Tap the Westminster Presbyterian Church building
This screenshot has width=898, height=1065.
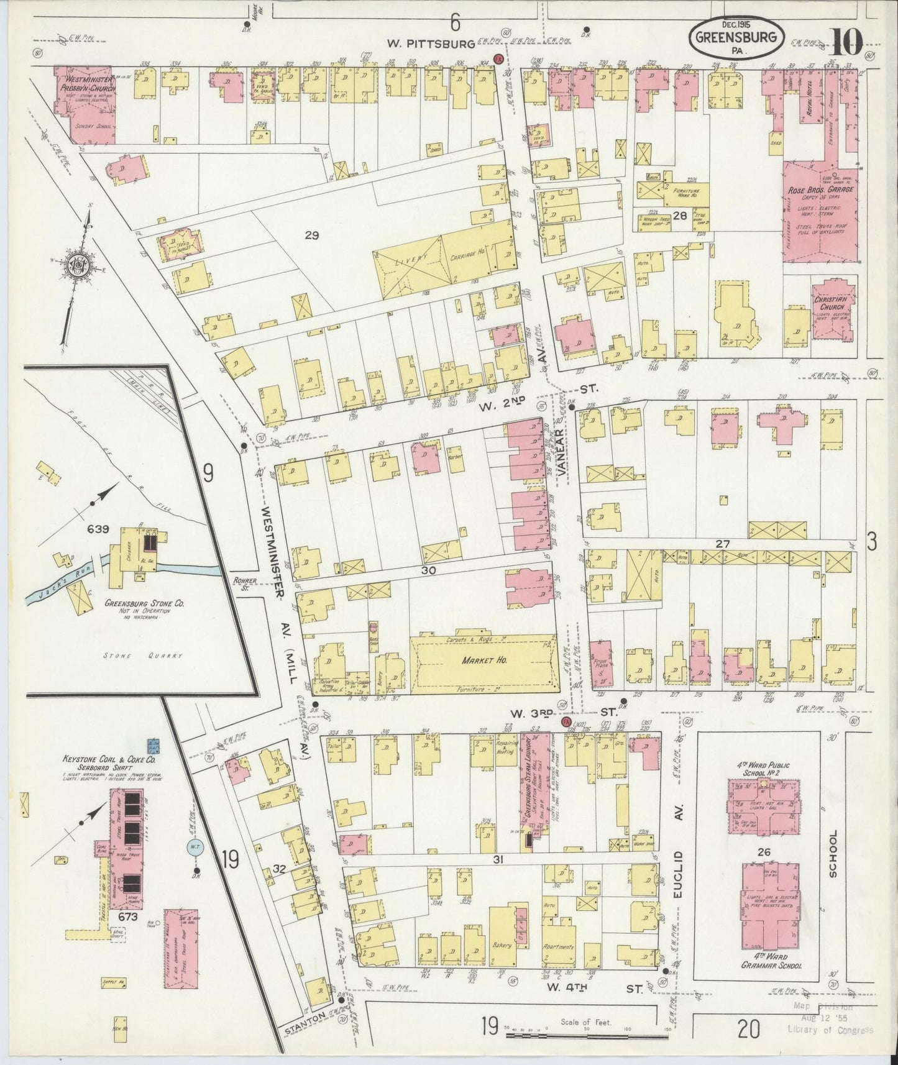tap(84, 98)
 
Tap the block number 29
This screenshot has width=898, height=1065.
tap(311, 235)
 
